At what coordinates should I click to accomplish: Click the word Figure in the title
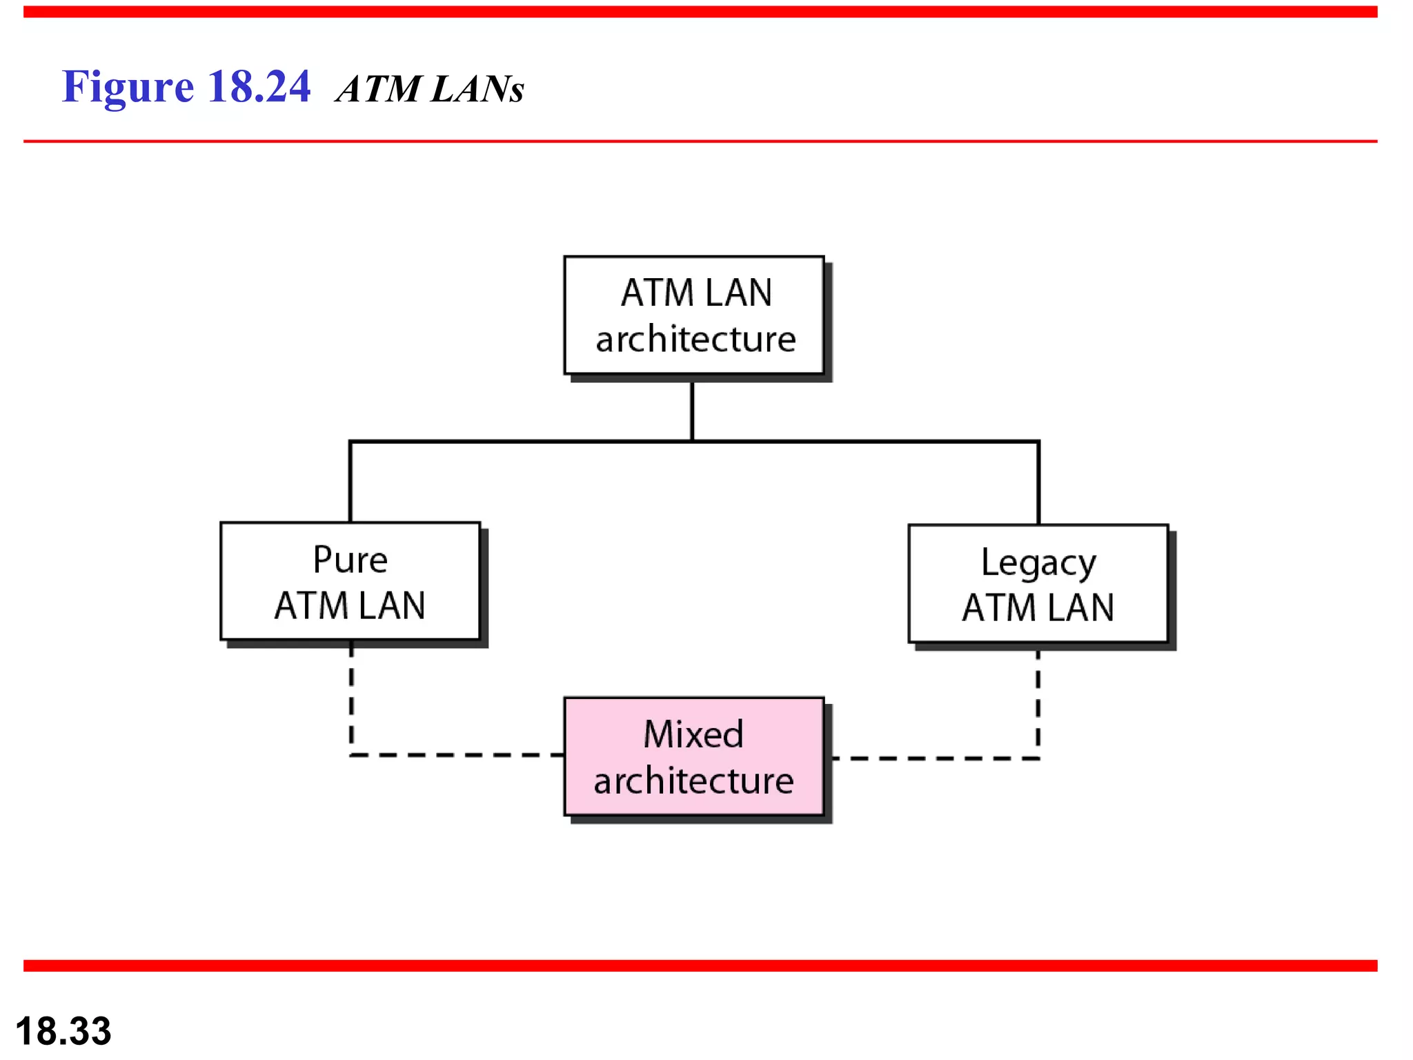click(128, 88)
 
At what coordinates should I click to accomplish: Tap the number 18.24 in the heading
click(259, 87)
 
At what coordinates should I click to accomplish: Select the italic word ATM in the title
click(378, 89)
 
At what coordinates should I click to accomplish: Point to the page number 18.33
click(63, 1031)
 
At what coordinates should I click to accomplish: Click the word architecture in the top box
click(695, 340)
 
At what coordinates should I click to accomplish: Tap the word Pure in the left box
click(350, 560)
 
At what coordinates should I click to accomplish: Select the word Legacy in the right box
click(1038, 564)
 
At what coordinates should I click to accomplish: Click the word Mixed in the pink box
click(693, 734)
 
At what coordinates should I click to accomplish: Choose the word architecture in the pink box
click(693, 781)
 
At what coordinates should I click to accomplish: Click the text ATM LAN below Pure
click(350, 606)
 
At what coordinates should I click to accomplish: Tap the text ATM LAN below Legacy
click(1038, 608)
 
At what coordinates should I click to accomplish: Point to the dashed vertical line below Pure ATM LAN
click(351, 697)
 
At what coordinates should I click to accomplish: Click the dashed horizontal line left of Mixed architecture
click(455, 755)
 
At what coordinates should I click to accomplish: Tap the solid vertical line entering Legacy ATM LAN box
click(1038, 483)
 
